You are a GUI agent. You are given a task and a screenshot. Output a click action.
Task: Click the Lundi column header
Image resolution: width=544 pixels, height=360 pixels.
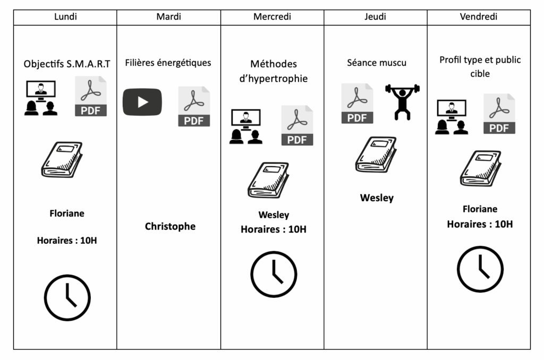point(65,17)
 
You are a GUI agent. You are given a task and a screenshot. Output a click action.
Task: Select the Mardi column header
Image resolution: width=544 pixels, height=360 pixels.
point(168,17)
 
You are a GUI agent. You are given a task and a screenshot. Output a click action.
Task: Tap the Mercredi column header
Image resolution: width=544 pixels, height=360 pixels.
point(272,17)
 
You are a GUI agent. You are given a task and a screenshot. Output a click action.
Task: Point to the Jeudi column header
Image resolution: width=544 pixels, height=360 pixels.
point(375,17)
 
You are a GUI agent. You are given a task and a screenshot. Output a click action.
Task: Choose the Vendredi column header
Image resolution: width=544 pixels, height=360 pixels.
point(479,17)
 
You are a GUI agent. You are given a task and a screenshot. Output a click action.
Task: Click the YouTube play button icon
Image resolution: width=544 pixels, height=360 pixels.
point(142,102)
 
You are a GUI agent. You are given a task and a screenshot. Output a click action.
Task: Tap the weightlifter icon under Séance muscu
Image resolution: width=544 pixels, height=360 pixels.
point(402,101)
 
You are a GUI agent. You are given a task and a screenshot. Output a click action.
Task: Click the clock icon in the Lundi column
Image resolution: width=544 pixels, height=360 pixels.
point(67,297)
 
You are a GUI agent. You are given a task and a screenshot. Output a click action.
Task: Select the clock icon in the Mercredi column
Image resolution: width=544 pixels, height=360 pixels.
point(274,274)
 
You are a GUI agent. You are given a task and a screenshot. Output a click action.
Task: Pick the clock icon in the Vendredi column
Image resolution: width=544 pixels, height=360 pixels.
point(480,269)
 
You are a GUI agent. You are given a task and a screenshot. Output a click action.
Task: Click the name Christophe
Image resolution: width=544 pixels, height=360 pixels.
point(170,227)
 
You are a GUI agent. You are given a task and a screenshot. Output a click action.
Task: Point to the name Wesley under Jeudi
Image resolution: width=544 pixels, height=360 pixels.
point(377,198)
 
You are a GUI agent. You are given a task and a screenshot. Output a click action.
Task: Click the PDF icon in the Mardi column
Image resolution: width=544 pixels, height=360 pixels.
point(194,107)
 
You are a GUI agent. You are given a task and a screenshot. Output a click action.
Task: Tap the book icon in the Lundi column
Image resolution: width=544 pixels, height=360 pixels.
point(62,159)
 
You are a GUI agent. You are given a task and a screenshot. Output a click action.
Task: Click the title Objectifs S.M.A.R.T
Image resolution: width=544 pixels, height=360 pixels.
point(67,64)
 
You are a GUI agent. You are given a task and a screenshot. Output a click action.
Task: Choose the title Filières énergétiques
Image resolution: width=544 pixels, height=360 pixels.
point(168,63)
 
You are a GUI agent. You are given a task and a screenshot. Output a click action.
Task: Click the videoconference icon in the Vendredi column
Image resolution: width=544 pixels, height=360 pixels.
point(451,117)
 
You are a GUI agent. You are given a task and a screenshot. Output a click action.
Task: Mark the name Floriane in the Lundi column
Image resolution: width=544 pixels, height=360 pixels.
point(67,213)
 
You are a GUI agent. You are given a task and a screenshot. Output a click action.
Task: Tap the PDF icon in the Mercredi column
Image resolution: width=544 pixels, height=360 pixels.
point(297,125)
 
